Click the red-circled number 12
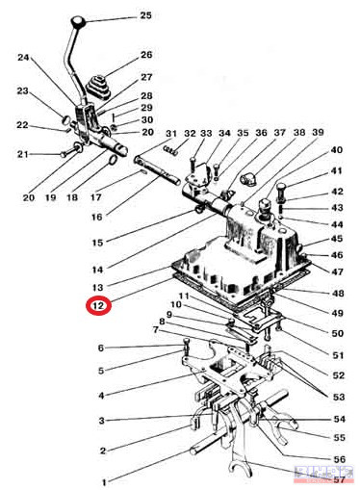tap(98, 306)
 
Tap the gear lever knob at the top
tap(78, 22)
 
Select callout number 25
tap(145, 15)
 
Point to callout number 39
tap(318, 132)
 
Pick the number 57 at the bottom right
tap(339, 480)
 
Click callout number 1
tap(104, 482)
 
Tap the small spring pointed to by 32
tap(170, 150)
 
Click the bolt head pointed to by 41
tap(280, 188)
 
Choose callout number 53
tap(338, 397)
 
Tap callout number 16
tap(96, 217)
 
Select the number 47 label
tap(337, 271)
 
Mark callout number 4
tap(101, 396)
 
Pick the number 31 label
tap(170, 133)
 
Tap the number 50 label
tap(337, 333)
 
